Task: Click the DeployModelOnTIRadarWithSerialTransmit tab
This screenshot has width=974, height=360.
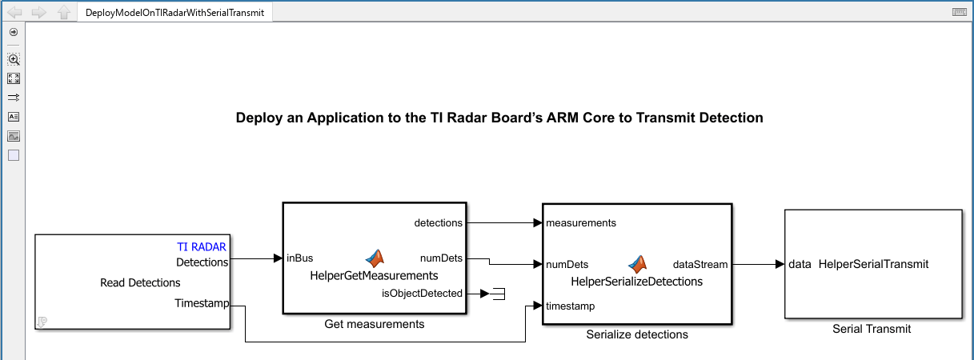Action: tap(174, 13)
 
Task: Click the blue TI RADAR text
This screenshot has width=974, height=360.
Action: tap(202, 247)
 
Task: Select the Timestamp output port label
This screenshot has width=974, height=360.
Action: tap(202, 303)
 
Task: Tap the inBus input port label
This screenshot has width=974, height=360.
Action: tap(299, 258)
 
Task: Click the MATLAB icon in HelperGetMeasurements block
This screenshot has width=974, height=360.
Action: tap(375, 258)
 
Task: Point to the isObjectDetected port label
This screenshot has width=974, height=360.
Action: tap(422, 293)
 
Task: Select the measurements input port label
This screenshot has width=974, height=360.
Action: tap(581, 222)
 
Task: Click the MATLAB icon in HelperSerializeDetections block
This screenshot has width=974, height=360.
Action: tap(637, 263)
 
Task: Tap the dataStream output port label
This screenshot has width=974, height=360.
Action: tap(700, 264)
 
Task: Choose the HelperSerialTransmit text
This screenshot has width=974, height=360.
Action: tap(873, 264)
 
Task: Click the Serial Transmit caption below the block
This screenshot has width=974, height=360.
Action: tap(872, 329)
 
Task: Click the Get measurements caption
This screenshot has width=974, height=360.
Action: tap(375, 324)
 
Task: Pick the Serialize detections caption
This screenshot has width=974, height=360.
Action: tap(637, 334)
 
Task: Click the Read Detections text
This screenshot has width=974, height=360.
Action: tap(140, 282)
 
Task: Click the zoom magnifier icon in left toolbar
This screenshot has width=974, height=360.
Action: tap(14, 59)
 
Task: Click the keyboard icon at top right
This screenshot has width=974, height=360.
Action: tap(960, 12)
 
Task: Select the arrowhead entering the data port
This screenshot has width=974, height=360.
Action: tap(779, 264)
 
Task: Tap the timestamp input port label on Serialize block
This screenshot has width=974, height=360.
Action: tap(570, 306)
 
